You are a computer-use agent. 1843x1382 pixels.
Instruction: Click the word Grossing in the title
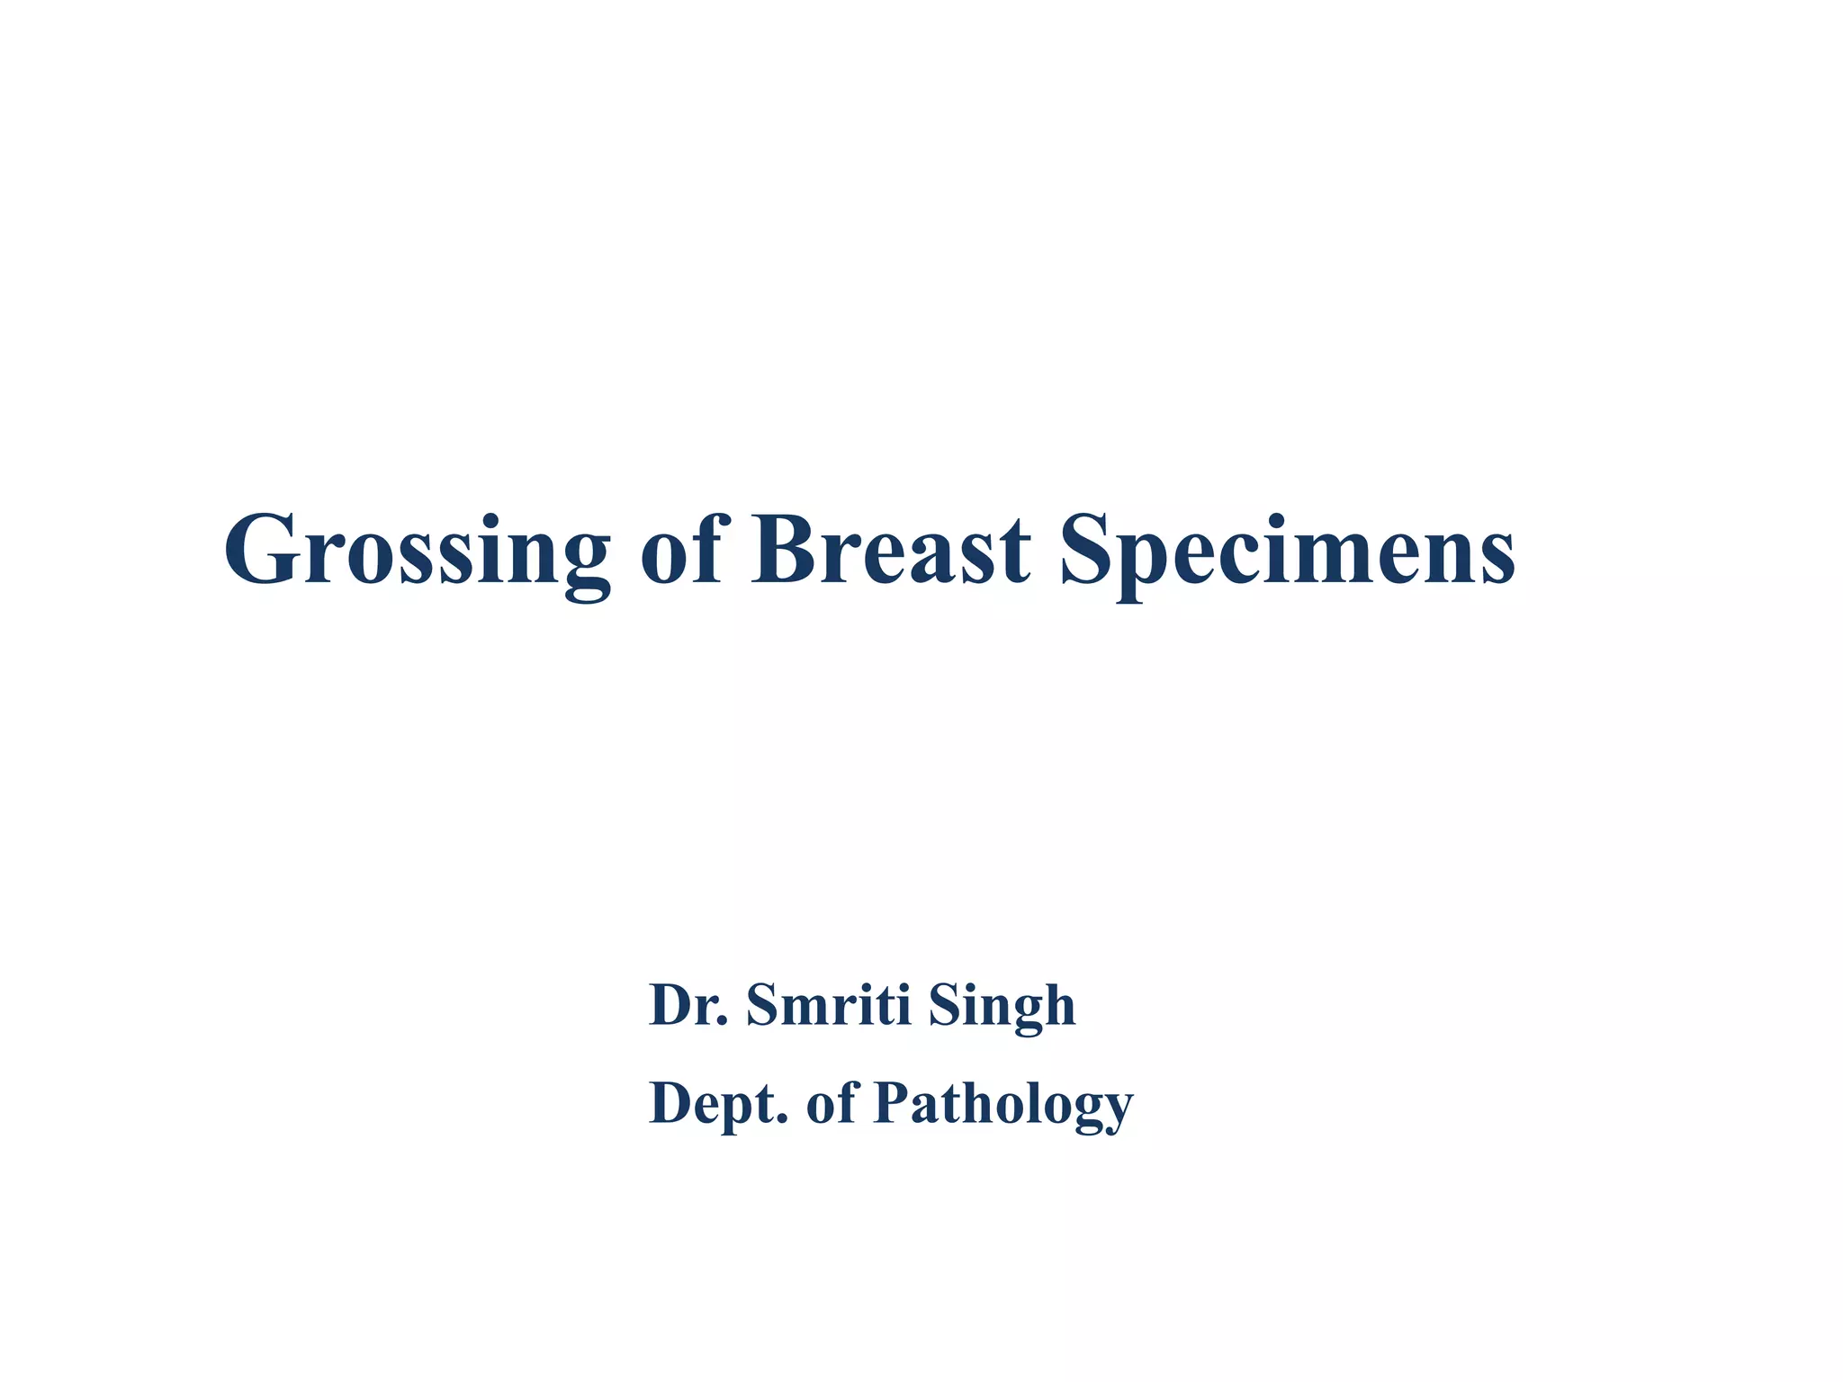(x=417, y=551)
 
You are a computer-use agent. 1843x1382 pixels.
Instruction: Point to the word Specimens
(x=1287, y=551)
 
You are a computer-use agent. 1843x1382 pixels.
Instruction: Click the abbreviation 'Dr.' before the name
(x=688, y=1005)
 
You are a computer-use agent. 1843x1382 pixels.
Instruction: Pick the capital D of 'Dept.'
(x=670, y=1102)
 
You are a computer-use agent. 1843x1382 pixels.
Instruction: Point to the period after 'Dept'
(x=782, y=1120)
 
